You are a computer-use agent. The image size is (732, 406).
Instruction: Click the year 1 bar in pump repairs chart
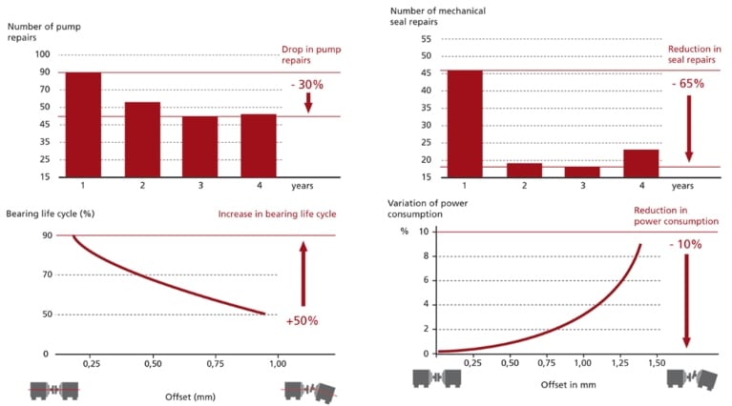tap(83, 124)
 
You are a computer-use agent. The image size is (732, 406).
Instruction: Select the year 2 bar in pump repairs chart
tap(142, 139)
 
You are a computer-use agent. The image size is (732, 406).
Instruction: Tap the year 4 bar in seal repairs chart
tap(640, 163)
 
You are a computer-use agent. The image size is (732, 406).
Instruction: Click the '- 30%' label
tap(307, 85)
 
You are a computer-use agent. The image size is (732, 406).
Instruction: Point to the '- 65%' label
tap(687, 84)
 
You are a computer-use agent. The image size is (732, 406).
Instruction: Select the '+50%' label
tap(302, 321)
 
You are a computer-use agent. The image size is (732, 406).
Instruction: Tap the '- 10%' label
tap(685, 245)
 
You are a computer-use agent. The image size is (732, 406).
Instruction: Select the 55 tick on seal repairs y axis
tap(426, 39)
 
